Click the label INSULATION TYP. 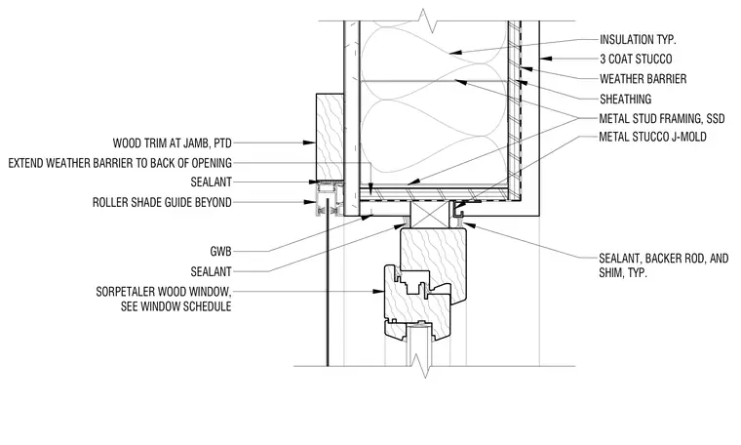tap(638, 40)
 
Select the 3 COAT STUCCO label tap(636, 60)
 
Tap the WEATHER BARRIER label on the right tap(643, 79)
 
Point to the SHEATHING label tap(625, 99)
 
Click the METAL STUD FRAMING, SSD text tap(662, 118)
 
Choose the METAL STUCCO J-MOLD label tap(652, 138)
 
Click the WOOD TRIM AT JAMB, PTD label tap(172, 142)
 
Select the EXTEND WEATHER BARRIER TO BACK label tap(120, 163)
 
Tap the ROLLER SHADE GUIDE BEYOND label tap(162, 202)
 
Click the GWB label tap(220, 252)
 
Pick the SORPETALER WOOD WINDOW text tap(164, 292)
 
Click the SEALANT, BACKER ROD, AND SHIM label tap(664, 265)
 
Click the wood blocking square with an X tap(429, 214)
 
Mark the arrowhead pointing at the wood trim tap(309, 142)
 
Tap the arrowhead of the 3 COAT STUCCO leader tap(546, 59)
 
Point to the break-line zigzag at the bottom tap(420, 366)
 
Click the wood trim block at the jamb tap(330, 138)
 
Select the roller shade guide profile tap(329, 199)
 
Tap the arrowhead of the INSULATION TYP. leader tap(455, 52)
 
